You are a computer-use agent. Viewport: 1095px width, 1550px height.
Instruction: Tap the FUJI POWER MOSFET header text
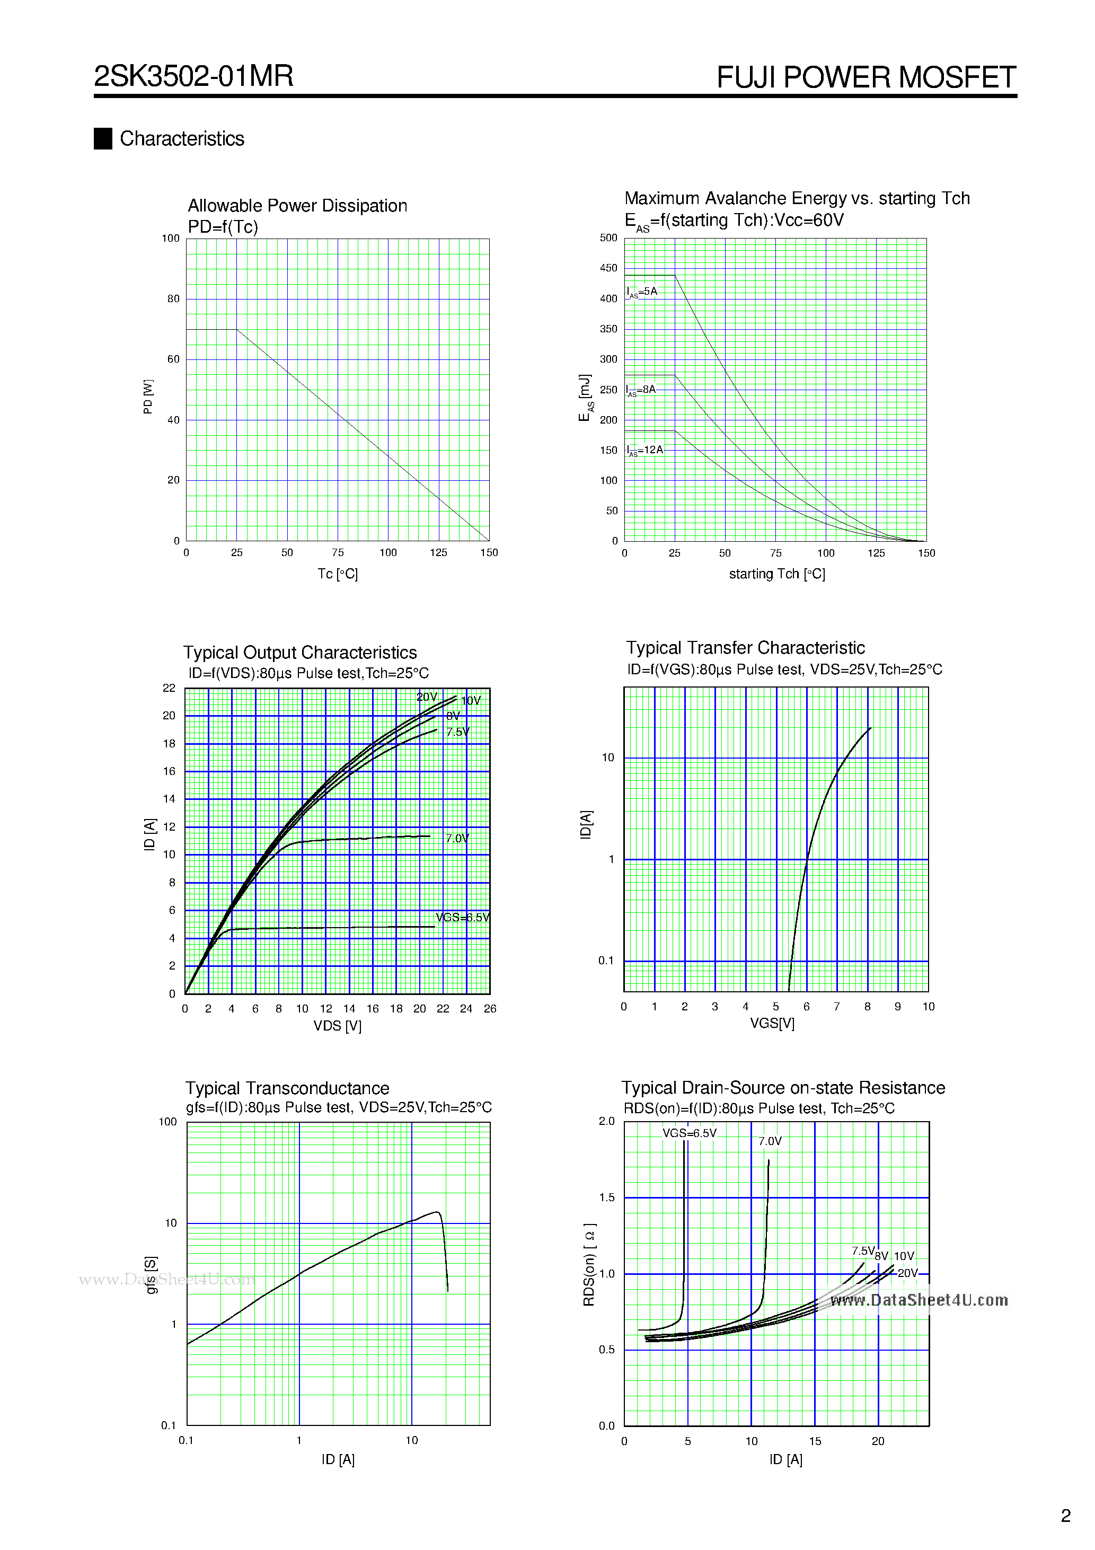click(x=866, y=77)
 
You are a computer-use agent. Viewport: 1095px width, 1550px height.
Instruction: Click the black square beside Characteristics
click(x=103, y=138)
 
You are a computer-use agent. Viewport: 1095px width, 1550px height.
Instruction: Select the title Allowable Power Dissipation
click(x=297, y=205)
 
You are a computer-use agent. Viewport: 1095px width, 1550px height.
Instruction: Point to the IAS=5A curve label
click(x=642, y=292)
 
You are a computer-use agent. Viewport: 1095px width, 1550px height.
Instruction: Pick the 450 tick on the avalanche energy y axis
click(x=608, y=268)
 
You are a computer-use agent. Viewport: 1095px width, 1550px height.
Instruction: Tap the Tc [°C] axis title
click(x=338, y=574)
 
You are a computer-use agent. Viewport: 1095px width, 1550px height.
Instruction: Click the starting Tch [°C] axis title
click(x=776, y=574)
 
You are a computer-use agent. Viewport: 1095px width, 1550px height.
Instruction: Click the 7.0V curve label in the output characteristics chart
click(x=457, y=839)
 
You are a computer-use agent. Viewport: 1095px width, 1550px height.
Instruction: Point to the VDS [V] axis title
click(x=337, y=1026)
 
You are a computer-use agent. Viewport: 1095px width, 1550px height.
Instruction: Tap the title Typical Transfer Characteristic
click(x=745, y=648)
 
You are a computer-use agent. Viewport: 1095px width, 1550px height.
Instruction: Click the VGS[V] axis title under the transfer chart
click(x=772, y=1024)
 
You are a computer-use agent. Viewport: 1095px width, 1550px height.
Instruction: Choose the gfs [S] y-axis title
click(x=151, y=1274)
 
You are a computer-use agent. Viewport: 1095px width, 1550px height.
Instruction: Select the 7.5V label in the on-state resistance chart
click(x=863, y=1251)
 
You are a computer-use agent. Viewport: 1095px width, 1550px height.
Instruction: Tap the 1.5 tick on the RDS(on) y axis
click(x=607, y=1197)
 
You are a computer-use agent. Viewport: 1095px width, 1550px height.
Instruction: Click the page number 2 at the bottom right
click(x=1066, y=1516)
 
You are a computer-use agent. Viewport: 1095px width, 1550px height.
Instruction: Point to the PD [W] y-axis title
click(x=148, y=397)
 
